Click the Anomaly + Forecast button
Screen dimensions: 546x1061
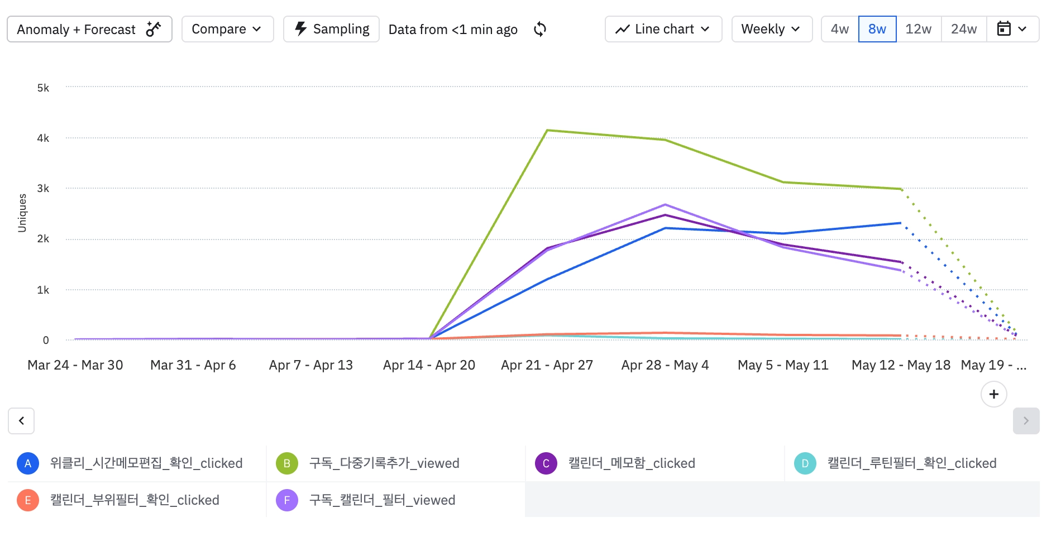[x=89, y=29]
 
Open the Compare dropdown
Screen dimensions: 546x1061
[x=227, y=29]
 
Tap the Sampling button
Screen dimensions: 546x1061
[x=331, y=29]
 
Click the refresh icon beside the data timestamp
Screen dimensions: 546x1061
[x=540, y=29]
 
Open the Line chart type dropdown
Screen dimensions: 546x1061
[x=663, y=29]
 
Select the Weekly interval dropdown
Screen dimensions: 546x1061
[x=771, y=29]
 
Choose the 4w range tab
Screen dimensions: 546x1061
[x=839, y=29]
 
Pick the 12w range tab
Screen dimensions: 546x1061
[x=918, y=29]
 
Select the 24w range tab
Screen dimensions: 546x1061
[x=964, y=29]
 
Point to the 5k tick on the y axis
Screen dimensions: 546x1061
[x=43, y=88]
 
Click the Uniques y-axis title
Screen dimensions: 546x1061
[x=22, y=213]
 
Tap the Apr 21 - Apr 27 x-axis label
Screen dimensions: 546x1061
[x=547, y=365]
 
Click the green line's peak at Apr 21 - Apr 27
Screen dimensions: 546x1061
[x=547, y=130]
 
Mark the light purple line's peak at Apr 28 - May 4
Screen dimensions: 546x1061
[x=665, y=204]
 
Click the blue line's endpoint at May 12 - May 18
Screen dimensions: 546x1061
[x=901, y=223]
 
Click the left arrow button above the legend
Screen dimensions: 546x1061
[x=21, y=421]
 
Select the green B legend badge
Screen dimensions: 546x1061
[x=286, y=463]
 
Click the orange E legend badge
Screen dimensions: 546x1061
[x=28, y=500]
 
